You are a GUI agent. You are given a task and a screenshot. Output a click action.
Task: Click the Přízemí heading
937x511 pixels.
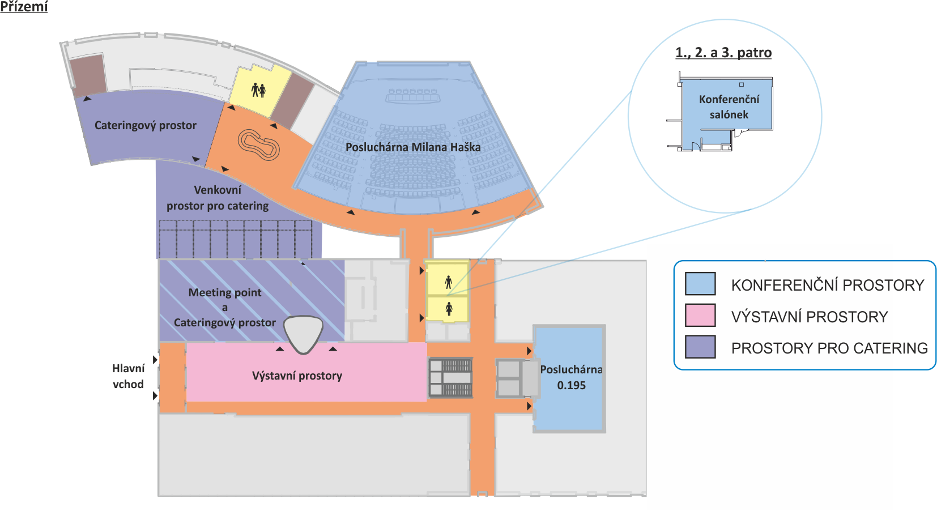coord(24,7)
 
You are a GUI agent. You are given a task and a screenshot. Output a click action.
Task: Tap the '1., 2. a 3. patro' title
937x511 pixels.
coord(723,53)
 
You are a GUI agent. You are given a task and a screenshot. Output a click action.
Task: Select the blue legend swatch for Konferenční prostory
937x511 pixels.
coord(700,283)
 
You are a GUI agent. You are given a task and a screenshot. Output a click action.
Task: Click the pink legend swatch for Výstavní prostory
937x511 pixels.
coord(700,316)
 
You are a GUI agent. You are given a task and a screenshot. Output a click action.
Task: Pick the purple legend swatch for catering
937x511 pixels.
coord(700,347)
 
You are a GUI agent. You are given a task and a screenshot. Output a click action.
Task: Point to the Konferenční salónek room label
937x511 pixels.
coord(729,107)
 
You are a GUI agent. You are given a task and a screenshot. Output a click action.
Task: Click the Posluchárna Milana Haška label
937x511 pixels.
coord(413,147)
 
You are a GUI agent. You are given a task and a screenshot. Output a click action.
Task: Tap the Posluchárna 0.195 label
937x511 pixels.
coord(571,377)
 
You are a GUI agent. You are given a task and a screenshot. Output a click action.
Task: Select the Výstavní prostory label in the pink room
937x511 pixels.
coord(297,376)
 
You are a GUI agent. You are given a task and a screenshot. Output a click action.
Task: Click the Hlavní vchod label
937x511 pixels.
coord(129,376)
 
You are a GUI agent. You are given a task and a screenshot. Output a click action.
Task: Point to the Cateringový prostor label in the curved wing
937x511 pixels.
coord(145,125)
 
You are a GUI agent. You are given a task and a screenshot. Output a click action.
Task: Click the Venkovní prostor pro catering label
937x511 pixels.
coord(218,198)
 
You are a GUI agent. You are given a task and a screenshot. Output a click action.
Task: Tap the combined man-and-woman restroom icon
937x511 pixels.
coord(258,90)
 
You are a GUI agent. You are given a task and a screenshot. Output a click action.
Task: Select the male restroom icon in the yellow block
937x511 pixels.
coord(449,282)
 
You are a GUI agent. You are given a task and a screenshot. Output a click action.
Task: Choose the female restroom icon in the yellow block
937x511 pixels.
coord(449,309)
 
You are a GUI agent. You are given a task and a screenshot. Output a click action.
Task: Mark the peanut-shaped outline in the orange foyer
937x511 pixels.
coord(258,144)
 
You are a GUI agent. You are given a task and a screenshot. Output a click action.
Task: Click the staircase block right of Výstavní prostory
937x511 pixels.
coord(450,377)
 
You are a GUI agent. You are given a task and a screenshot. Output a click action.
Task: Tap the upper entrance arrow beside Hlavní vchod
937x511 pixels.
coord(155,360)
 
